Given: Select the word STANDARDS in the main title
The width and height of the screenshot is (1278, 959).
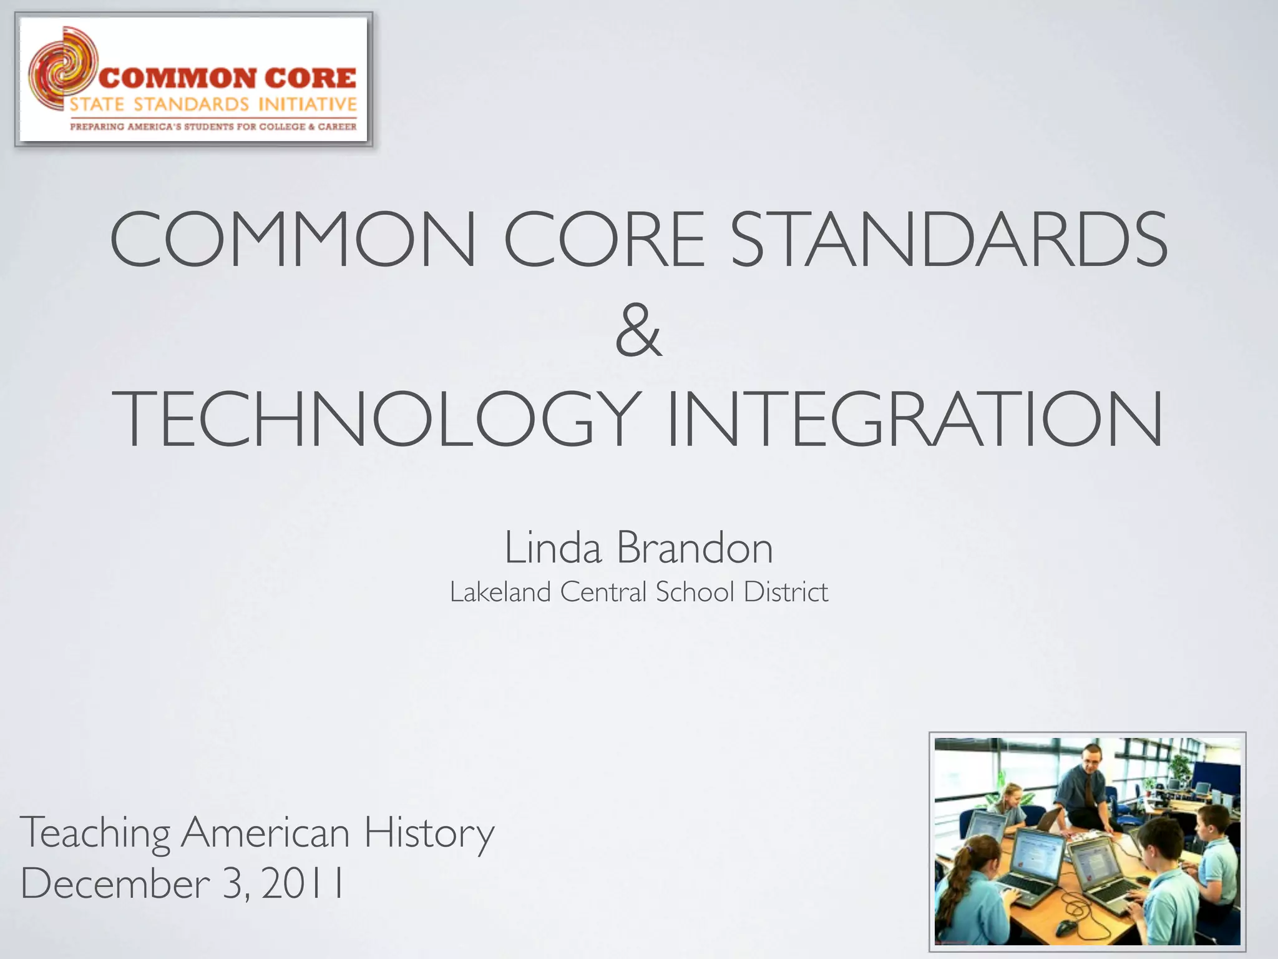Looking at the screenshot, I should point(949,239).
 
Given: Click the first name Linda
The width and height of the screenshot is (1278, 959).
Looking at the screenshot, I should point(553,548).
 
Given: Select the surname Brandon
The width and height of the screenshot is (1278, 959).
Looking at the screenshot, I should point(695,548).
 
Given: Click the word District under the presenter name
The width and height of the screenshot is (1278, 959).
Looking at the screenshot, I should point(786,592).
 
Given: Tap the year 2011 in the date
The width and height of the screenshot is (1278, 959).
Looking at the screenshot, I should point(303,883).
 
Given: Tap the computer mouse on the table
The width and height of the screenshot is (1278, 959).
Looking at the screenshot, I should point(1068,924).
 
